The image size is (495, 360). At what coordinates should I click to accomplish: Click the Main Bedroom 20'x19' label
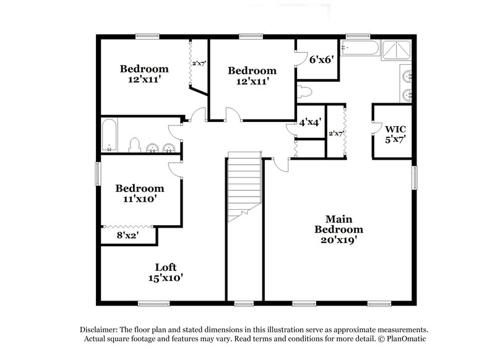pyautogui.click(x=338, y=229)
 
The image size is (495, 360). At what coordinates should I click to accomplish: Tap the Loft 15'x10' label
pyautogui.click(x=165, y=273)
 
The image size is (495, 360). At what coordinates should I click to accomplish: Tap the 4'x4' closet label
pyautogui.click(x=309, y=122)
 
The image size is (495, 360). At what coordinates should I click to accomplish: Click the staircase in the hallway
pyautogui.click(x=243, y=186)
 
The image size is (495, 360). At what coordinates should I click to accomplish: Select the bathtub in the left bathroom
pyautogui.click(x=110, y=134)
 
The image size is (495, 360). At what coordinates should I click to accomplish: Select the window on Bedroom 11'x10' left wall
pyautogui.click(x=96, y=173)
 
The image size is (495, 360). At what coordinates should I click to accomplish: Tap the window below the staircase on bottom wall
pyautogui.click(x=244, y=304)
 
